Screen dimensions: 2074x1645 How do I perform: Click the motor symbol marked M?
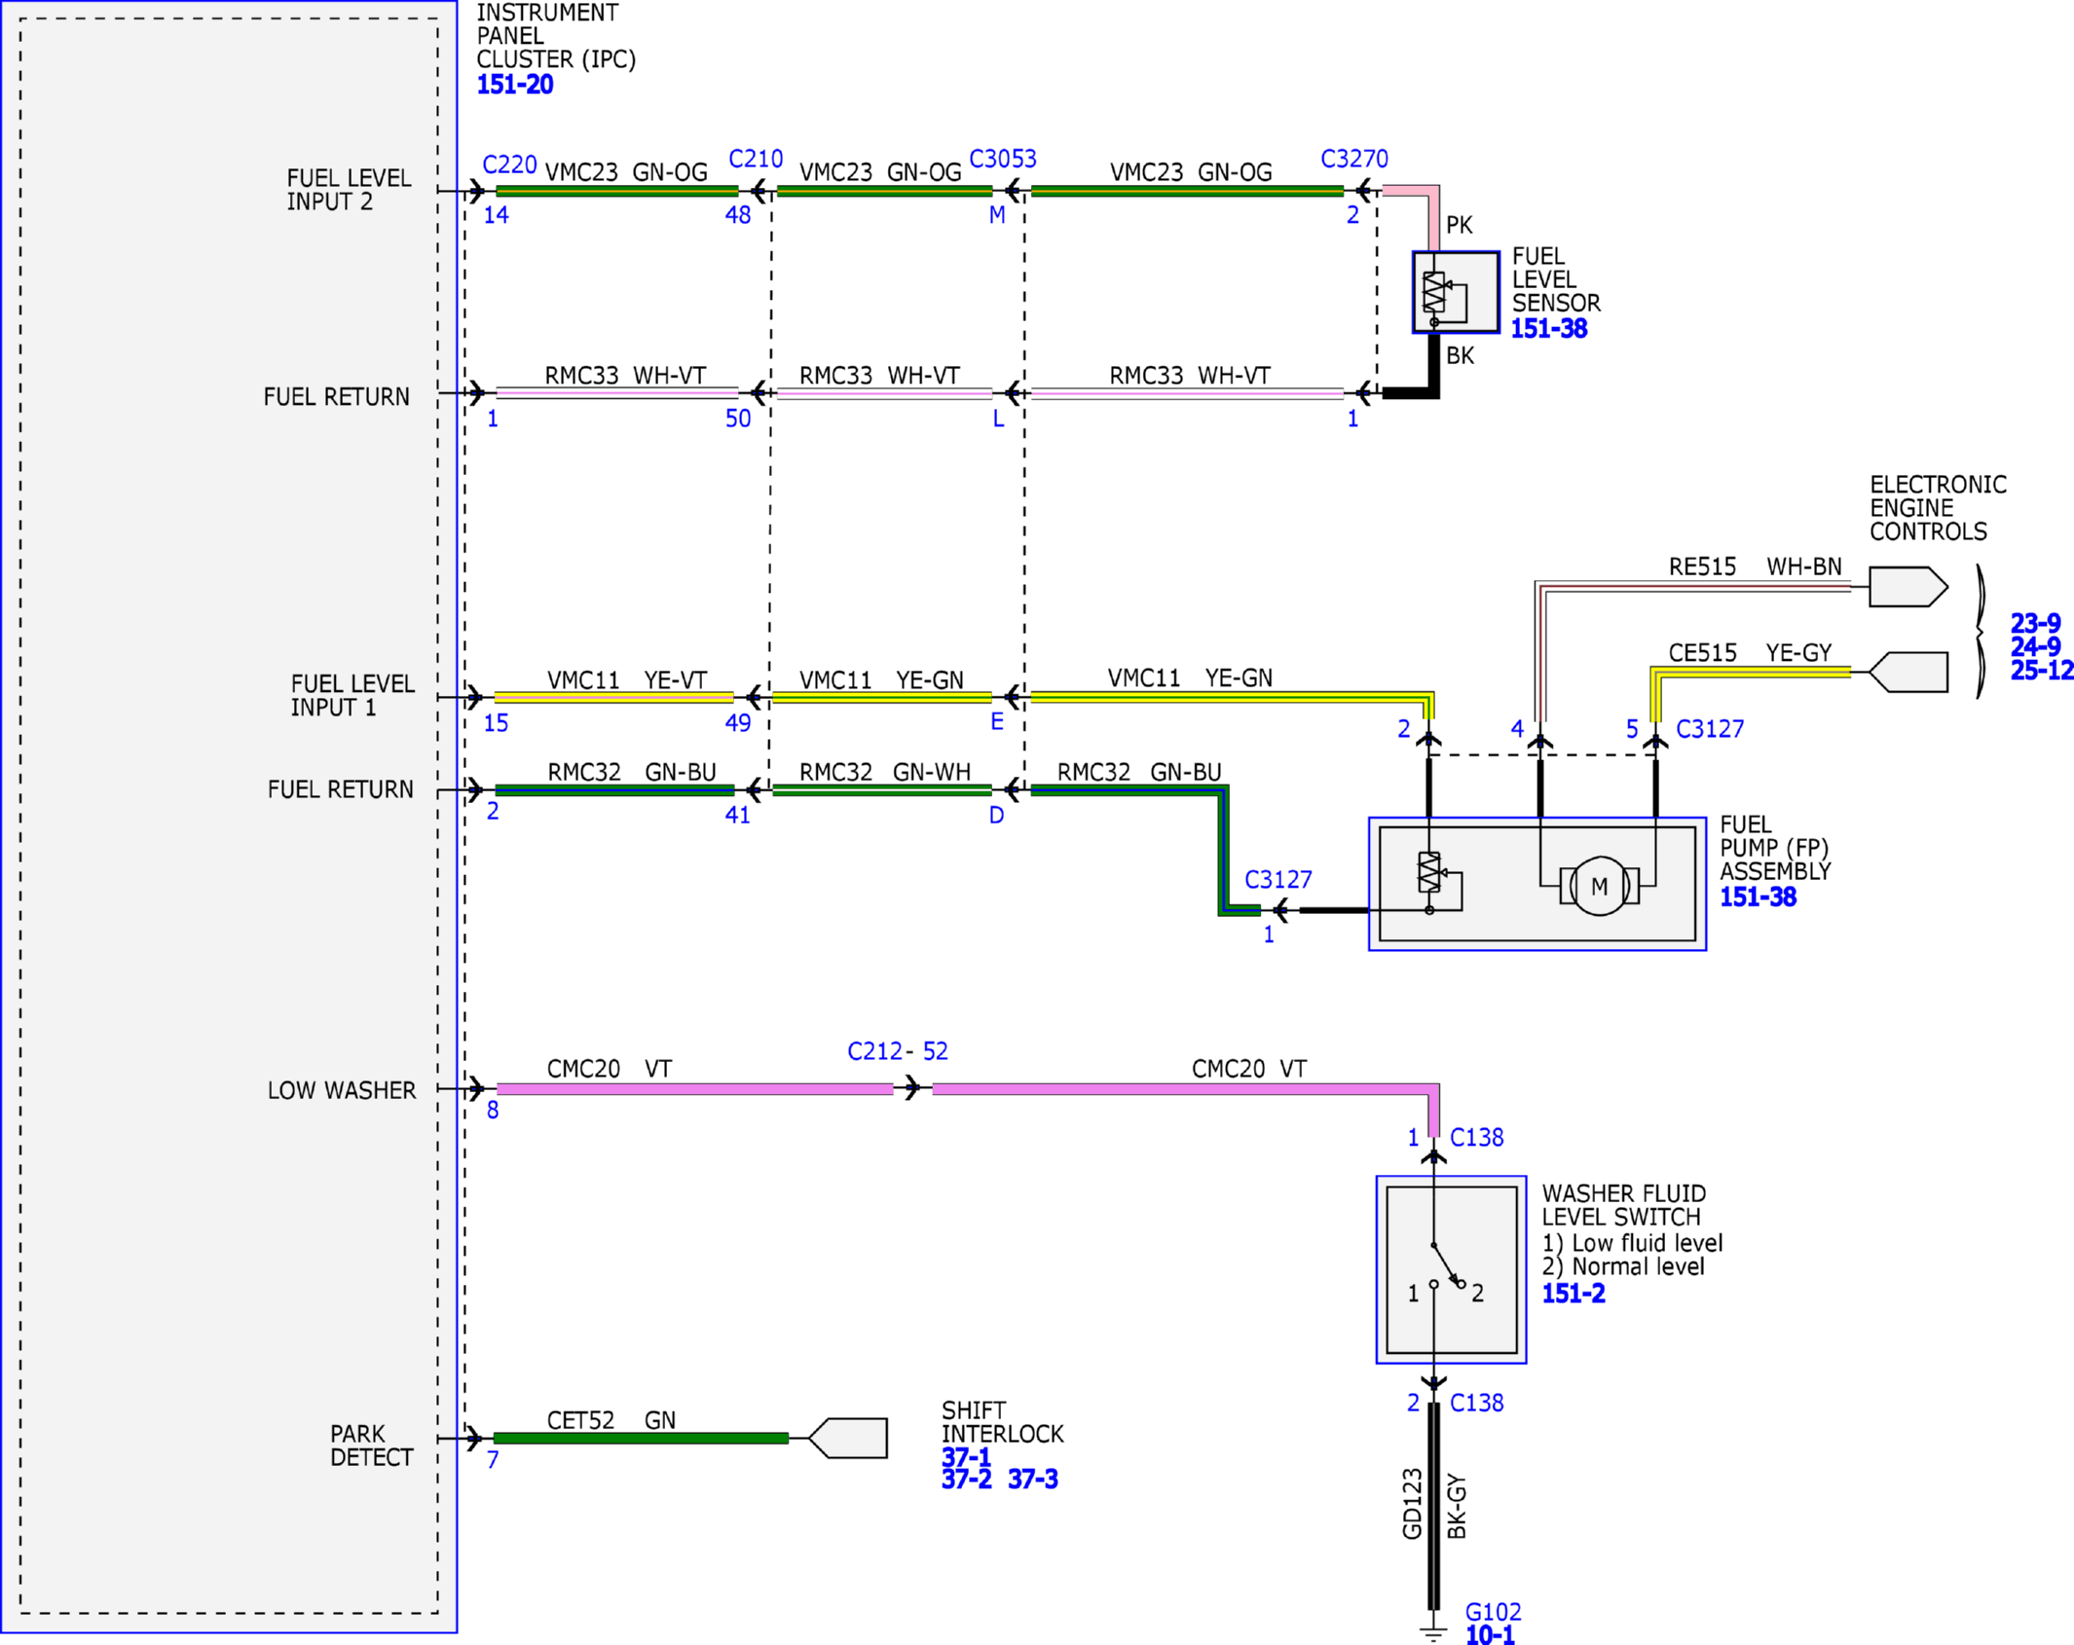tap(1599, 886)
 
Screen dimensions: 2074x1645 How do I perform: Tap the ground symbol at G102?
tap(1433, 1632)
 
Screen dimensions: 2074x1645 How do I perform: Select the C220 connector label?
tap(509, 164)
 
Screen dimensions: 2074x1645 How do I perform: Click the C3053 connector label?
tap(1003, 159)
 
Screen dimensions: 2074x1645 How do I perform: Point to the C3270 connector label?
tap(1354, 159)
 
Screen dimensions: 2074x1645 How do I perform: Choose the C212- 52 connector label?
tap(897, 1051)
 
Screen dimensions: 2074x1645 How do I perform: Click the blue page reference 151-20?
tap(515, 85)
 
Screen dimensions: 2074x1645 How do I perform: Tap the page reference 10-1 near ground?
tap(1490, 1635)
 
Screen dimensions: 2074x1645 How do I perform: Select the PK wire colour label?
tap(1459, 225)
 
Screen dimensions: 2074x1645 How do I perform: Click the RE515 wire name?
tap(1702, 567)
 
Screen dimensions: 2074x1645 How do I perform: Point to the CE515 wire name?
tap(1702, 652)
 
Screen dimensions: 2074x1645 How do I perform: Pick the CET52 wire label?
tap(580, 1420)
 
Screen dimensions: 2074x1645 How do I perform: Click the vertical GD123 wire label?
tap(1412, 1504)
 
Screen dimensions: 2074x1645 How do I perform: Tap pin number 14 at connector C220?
tap(496, 215)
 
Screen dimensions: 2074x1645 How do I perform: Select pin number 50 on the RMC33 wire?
tap(738, 419)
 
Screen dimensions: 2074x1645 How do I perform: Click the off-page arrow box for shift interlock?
tap(847, 1438)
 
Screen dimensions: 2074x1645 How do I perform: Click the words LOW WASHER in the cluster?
tap(342, 1090)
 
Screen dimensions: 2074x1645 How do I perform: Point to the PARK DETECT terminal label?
tap(372, 1445)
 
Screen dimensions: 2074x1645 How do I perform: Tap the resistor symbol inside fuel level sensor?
tap(1433, 292)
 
